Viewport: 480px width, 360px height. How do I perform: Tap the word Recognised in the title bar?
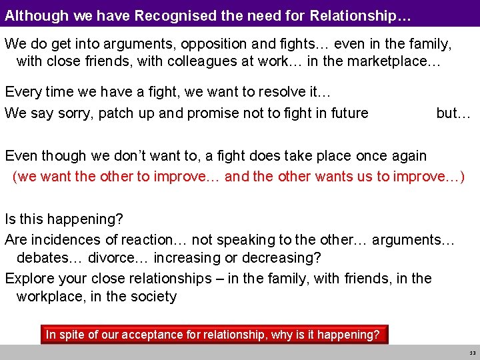pos(172,15)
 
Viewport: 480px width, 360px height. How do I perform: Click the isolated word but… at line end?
pos(453,113)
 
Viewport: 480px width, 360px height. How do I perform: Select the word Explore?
pos(29,279)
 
